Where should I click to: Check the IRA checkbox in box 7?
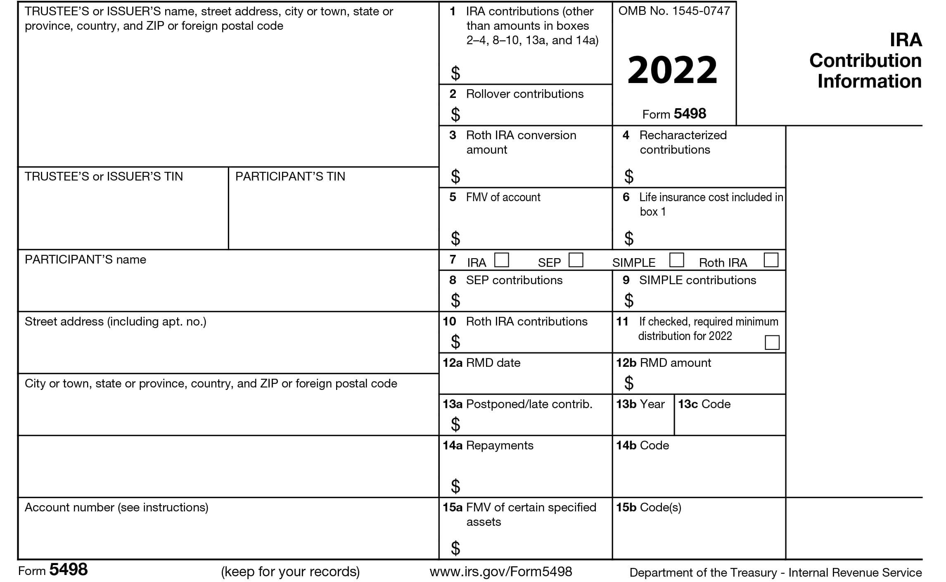[x=501, y=260]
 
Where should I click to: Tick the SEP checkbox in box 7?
[x=576, y=260]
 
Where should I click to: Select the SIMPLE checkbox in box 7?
[x=676, y=260]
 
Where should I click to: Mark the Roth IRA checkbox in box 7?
[x=771, y=260]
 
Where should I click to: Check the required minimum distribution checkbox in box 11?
[x=772, y=342]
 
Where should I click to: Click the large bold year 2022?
[x=673, y=70]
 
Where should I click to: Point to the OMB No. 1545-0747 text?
[x=674, y=11]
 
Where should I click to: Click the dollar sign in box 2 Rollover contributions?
[x=455, y=114]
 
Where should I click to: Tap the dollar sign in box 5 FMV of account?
[x=455, y=238]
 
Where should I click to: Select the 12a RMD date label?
[x=481, y=363]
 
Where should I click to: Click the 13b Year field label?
[x=640, y=404]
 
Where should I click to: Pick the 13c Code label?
[x=704, y=404]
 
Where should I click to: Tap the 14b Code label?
[x=643, y=445]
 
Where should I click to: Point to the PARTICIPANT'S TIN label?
[x=290, y=176]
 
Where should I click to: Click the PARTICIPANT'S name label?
[x=85, y=259]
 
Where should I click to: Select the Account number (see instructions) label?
[x=116, y=507]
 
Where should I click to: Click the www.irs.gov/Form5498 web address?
[x=501, y=572]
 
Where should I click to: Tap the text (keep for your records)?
[x=290, y=572]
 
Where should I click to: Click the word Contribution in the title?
[x=865, y=61]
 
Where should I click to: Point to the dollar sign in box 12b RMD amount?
[x=629, y=383]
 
